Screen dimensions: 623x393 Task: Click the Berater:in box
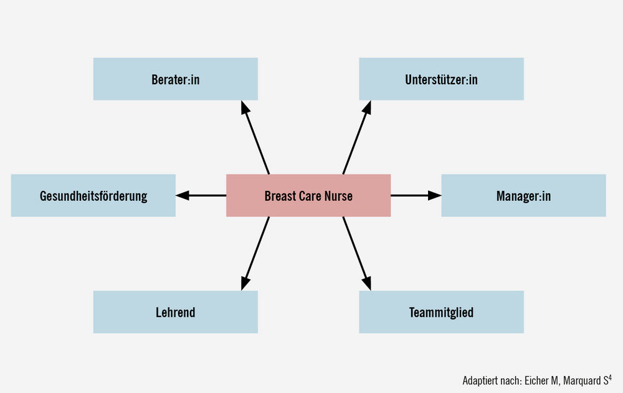(175, 79)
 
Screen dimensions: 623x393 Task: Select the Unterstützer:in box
(442, 79)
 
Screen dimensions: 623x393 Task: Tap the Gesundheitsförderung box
(93, 195)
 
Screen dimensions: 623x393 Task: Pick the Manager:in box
(524, 195)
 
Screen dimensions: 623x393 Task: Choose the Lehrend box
(175, 312)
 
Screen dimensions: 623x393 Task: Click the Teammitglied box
(442, 312)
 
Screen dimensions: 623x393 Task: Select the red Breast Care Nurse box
(308, 195)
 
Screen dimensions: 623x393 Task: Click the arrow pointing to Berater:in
(255, 138)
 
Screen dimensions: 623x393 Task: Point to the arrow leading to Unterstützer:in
(357, 138)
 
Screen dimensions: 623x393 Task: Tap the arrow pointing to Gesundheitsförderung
(201, 195)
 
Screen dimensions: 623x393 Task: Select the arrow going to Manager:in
(416, 195)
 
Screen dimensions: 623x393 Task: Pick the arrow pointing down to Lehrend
(255, 253)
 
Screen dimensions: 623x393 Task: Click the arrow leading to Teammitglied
(357, 253)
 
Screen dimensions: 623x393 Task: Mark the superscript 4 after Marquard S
(610, 377)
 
